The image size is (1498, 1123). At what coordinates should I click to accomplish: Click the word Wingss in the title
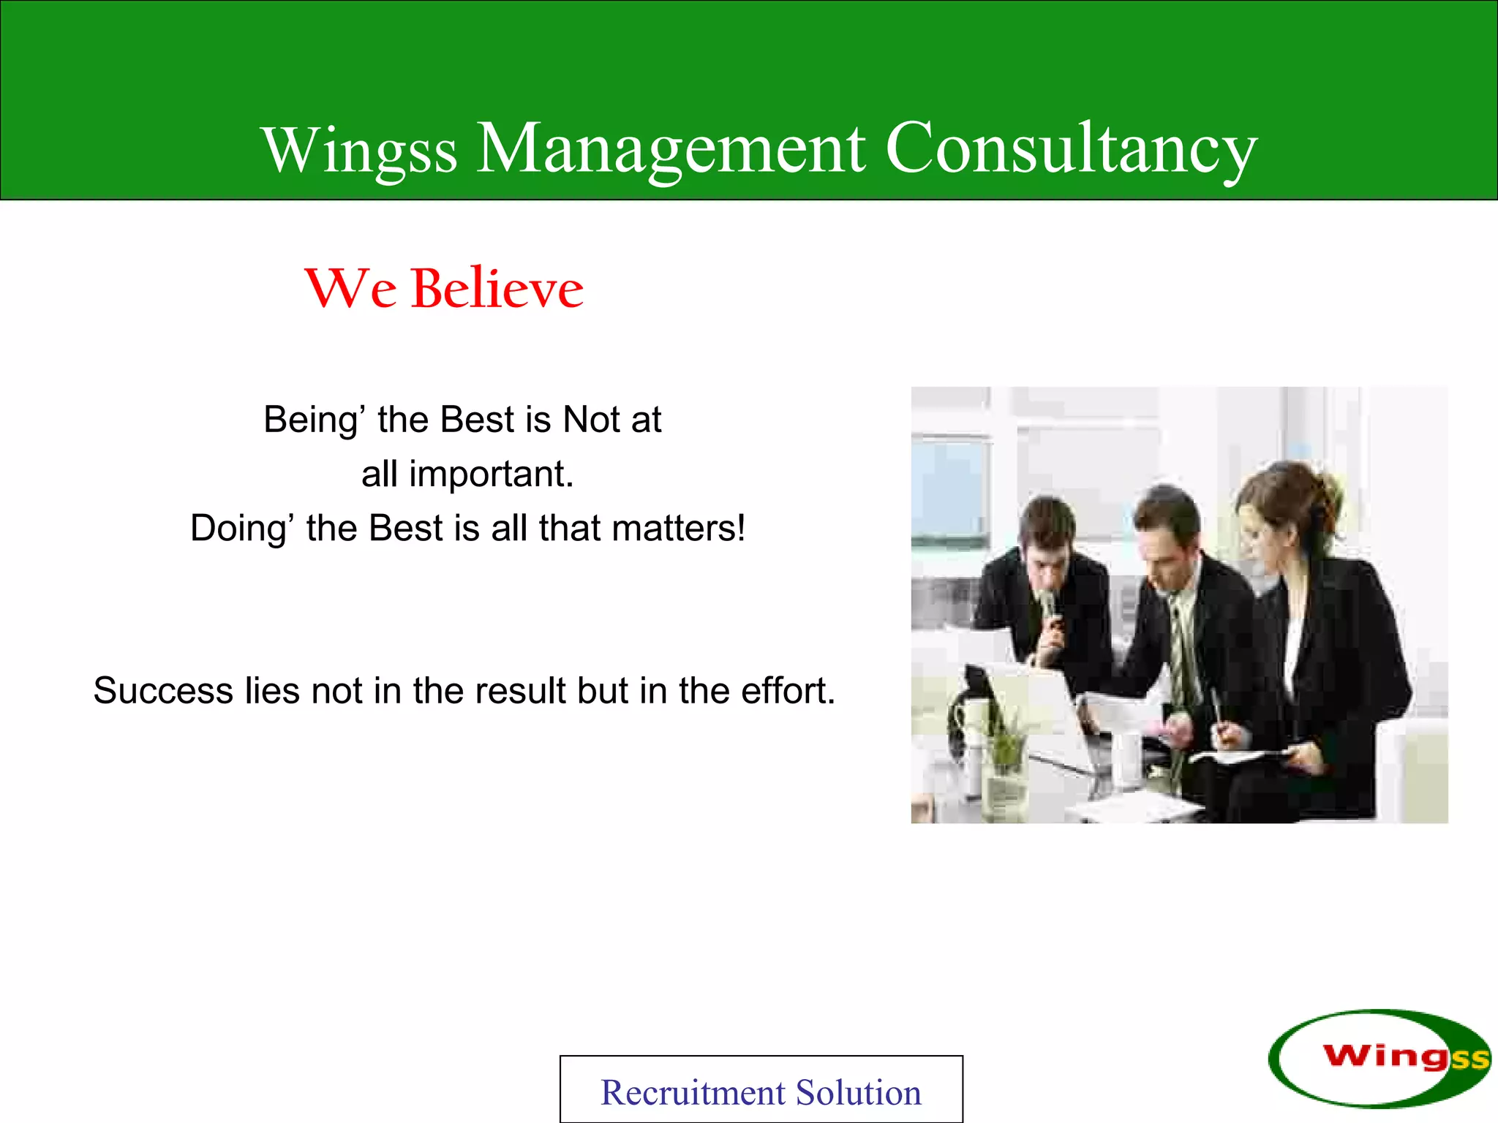[360, 151]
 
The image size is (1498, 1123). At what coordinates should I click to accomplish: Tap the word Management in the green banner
[671, 149]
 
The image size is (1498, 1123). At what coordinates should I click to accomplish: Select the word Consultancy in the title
[1071, 149]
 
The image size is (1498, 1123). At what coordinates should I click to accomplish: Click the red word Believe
[497, 289]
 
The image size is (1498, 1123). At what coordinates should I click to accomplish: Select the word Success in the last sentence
[162, 691]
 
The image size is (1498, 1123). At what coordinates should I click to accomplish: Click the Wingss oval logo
[1378, 1057]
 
